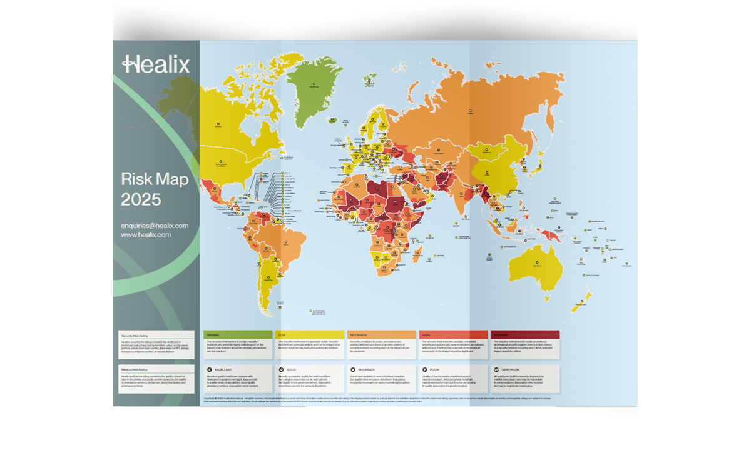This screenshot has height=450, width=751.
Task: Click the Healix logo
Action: tap(156, 64)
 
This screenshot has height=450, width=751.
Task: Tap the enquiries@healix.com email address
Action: tap(155, 226)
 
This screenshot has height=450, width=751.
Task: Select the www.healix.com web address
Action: tap(146, 235)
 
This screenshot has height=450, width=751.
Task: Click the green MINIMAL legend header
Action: tap(238, 335)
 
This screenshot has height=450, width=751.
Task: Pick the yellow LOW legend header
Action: tap(310, 335)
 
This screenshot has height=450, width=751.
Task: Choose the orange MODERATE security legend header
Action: tap(381, 335)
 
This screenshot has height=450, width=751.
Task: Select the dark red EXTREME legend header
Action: tap(524, 335)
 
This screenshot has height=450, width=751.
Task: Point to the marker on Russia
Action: tap(471, 114)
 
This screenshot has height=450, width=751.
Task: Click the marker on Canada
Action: tap(219, 124)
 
